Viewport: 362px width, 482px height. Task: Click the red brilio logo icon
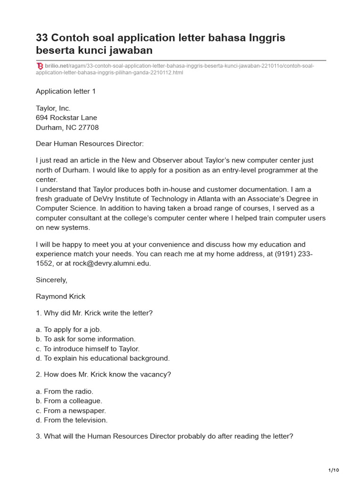(40, 66)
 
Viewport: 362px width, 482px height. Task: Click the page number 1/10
(333, 470)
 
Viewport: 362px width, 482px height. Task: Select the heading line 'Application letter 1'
(66, 91)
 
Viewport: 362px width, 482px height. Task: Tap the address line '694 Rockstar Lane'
(66, 118)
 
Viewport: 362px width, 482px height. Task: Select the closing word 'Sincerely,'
(51, 280)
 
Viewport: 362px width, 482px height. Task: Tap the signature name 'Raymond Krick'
(60, 296)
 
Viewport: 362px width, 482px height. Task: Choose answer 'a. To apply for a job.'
(69, 329)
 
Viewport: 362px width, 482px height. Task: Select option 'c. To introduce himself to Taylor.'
(88, 349)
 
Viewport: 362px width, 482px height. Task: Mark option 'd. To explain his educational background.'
(103, 358)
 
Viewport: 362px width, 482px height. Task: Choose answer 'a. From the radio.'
(65, 391)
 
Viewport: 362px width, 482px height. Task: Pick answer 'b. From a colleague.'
(69, 401)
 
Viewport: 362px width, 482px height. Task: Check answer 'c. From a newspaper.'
(71, 410)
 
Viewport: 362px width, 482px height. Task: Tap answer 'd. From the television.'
(72, 420)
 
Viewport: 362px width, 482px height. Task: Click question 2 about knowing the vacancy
(103, 375)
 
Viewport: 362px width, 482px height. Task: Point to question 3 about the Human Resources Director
(165, 436)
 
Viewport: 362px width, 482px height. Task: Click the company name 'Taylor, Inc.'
(53, 108)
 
